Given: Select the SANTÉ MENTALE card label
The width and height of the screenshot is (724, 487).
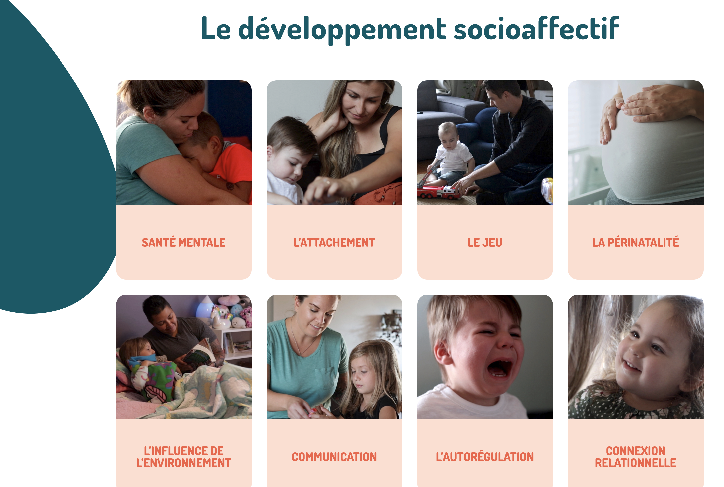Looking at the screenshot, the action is [184, 242].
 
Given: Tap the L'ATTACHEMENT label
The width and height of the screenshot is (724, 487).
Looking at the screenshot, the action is [334, 243].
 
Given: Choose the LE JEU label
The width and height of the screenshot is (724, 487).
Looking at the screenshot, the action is [485, 243].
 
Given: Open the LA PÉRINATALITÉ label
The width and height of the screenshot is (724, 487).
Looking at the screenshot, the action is [635, 242].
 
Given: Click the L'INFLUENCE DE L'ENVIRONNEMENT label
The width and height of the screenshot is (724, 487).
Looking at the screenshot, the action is [184, 457].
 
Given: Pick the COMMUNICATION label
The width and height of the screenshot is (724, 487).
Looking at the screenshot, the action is [334, 457].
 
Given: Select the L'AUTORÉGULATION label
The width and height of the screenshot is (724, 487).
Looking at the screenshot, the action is [485, 457].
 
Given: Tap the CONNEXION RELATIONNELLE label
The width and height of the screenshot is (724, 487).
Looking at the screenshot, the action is [635, 457].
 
